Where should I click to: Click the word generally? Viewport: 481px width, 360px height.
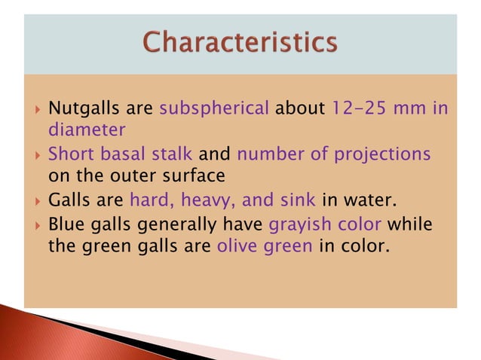178,224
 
